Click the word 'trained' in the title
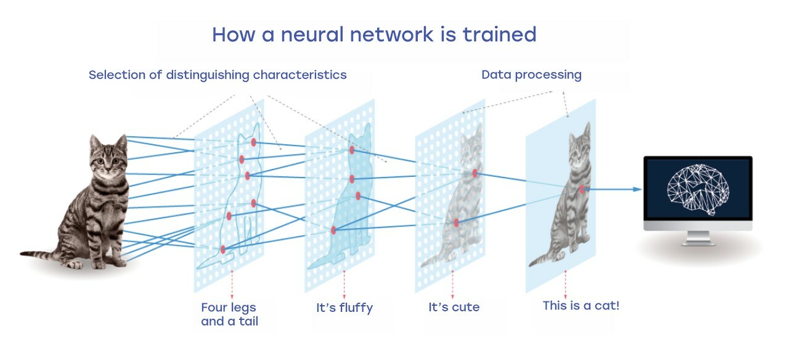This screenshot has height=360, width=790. (499, 35)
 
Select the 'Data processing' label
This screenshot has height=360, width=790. (531, 75)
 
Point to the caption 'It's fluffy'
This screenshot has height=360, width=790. (344, 308)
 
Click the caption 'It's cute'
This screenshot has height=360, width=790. (454, 307)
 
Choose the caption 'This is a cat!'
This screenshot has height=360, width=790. (581, 306)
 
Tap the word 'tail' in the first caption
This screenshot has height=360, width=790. (248, 321)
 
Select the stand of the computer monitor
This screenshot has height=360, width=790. (698, 238)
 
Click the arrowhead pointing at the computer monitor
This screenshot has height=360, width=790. (637, 189)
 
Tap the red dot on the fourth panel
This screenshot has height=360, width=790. (582, 189)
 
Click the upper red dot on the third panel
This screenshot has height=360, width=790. (474, 173)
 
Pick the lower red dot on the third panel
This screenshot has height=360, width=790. (456, 223)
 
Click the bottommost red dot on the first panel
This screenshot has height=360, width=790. (223, 250)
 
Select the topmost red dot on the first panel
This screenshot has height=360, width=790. (253, 142)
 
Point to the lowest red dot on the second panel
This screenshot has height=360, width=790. (333, 231)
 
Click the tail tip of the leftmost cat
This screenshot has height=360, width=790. (22, 253)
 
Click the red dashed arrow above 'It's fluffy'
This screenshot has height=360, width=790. (344, 285)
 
